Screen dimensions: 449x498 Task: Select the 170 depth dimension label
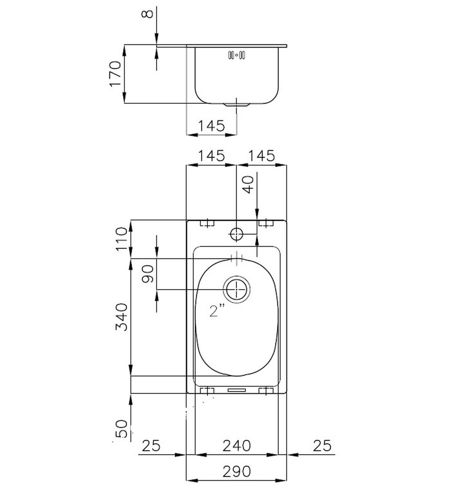point(115,74)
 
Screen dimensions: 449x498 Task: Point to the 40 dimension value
point(248,185)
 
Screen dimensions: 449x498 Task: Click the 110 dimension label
point(121,239)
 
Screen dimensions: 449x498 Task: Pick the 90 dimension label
point(148,274)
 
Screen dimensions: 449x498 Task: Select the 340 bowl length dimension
point(122,317)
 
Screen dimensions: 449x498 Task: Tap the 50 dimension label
point(122,429)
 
